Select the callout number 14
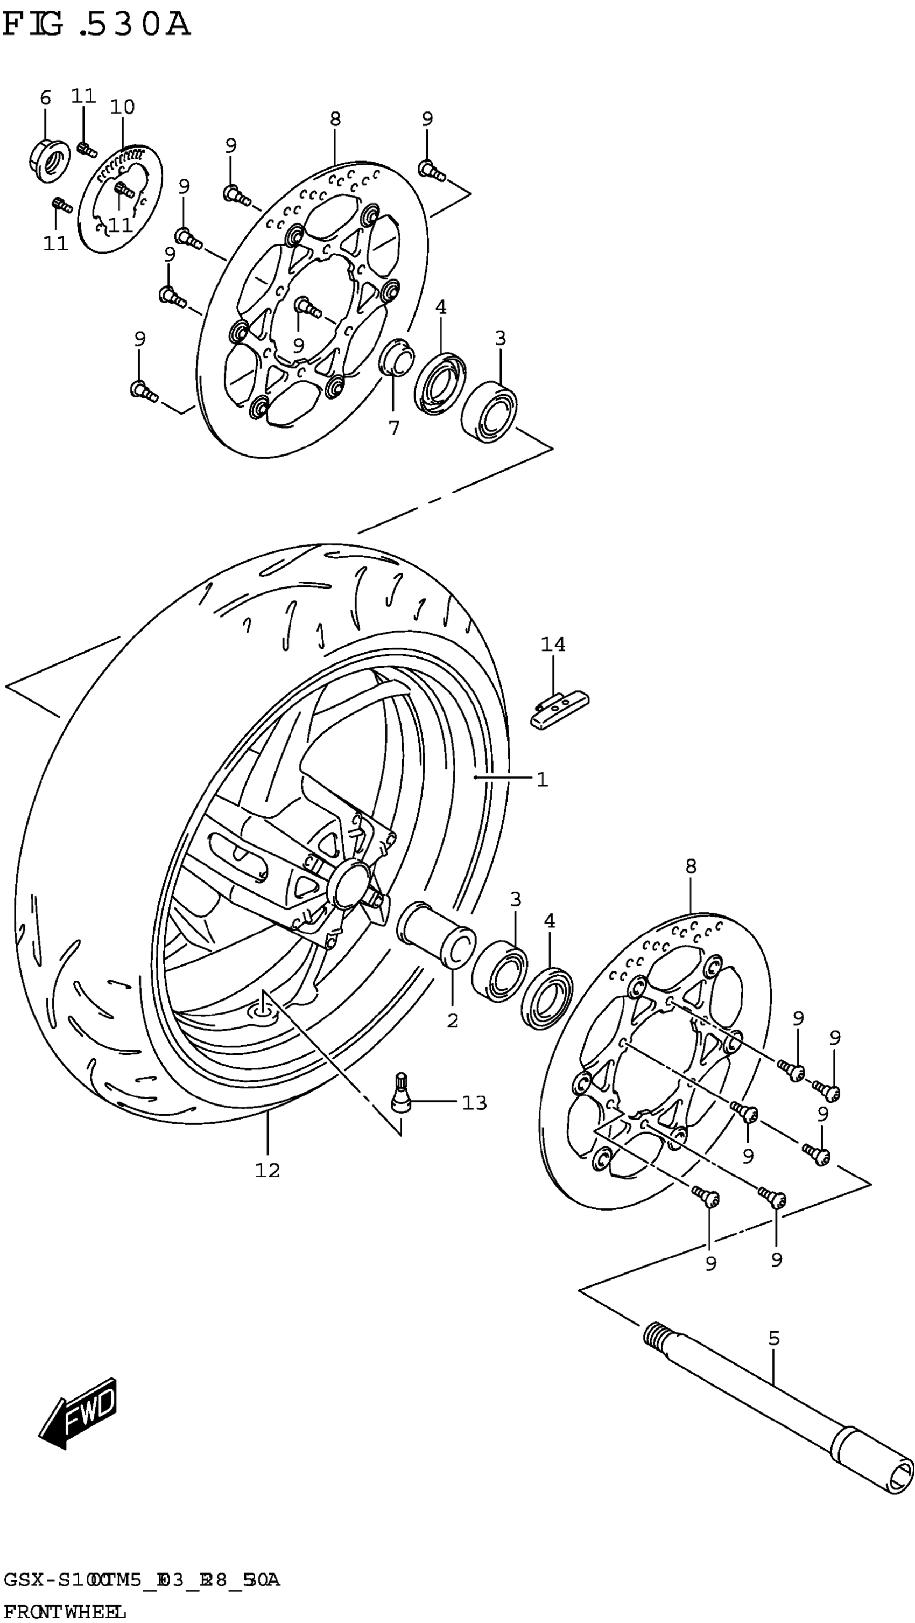click(x=553, y=645)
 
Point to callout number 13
click(x=474, y=1103)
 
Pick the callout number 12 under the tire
click(x=267, y=1170)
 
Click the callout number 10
click(x=122, y=107)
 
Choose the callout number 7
click(x=393, y=428)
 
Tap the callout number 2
click(x=452, y=1020)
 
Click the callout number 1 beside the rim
click(x=541, y=779)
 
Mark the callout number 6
click(x=45, y=97)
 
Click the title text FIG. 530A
click(x=96, y=25)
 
